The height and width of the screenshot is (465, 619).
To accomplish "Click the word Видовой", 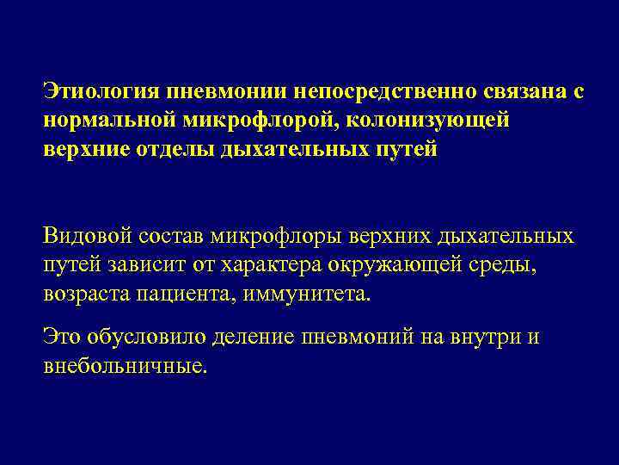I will (x=88, y=236).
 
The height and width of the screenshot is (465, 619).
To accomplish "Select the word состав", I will (x=177, y=236).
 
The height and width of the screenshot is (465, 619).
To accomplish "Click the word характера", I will (x=267, y=264).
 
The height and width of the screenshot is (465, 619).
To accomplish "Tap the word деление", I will (x=261, y=336).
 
